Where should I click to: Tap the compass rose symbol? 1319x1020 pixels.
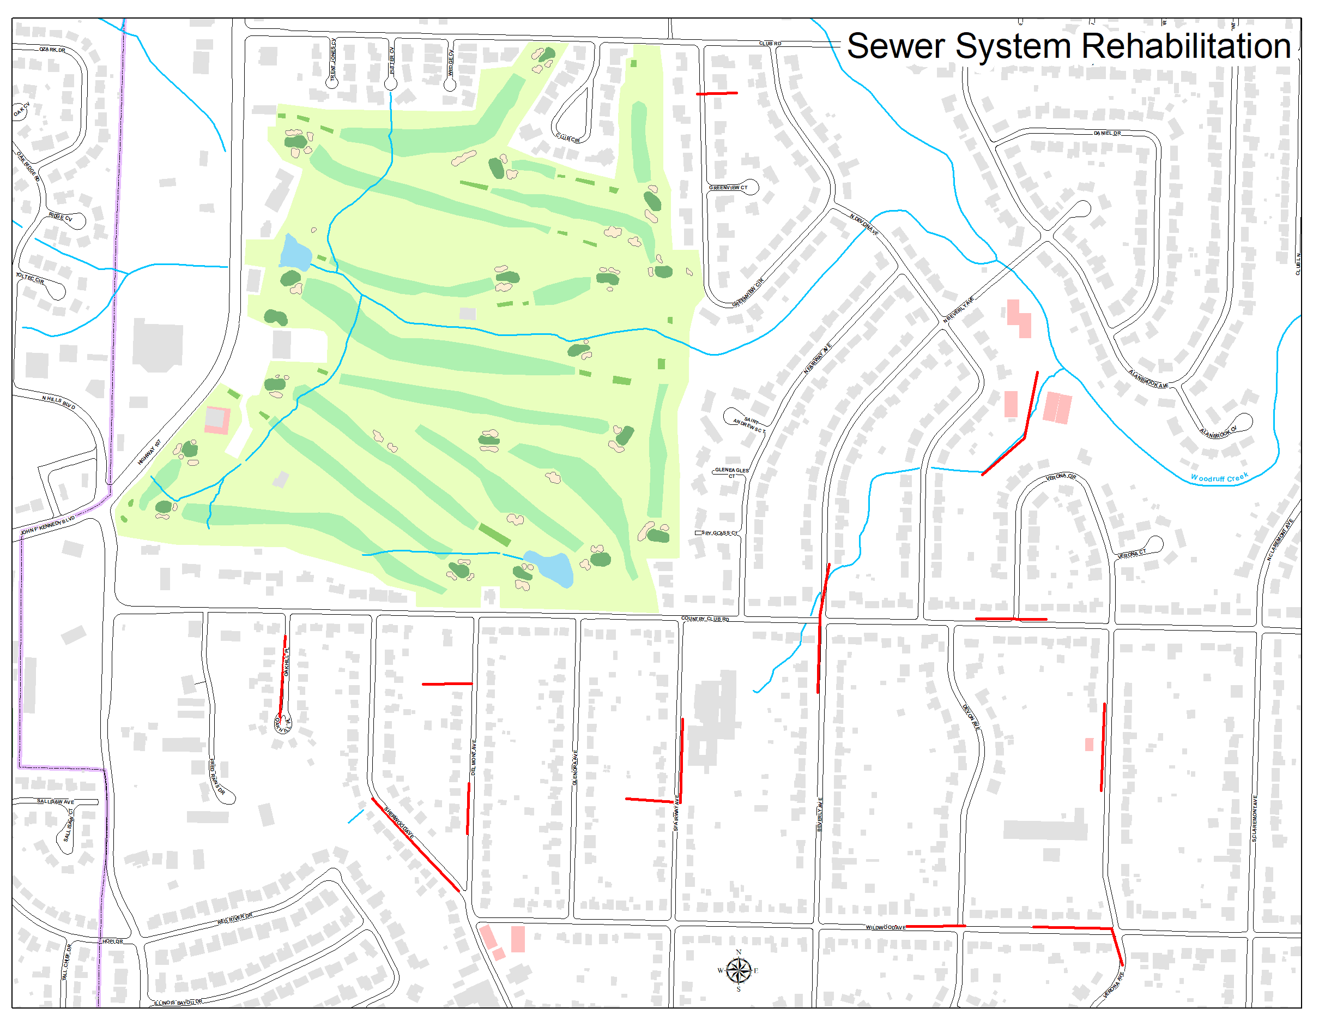pyautogui.click(x=737, y=971)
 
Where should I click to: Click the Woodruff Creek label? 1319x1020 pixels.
pyautogui.click(x=1219, y=477)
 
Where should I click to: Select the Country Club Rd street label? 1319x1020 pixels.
pyautogui.click(x=705, y=619)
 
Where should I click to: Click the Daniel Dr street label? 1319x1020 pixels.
pyautogui.click(x=1107, y=133)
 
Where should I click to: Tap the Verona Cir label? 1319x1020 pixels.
pyautogui.click(x=1061, y=477)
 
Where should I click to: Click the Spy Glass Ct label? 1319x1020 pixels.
pyautogui.click(x=719, y=533)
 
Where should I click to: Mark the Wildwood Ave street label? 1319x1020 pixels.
pyautogui.click(x=885, y=927)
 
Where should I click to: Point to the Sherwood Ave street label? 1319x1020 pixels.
pyautogui.click(x=399, y=823)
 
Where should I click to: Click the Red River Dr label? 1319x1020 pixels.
pyautogui.click(x=235, y=919)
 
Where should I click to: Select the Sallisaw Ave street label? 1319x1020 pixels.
pyautogui.click(x=56, y=802)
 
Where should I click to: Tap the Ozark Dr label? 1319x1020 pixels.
pyautogui.click(x=52, y=50)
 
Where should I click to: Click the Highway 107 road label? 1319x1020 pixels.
pyautogui.click(x=149, y=452)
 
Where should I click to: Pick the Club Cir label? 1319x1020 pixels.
pyautogui.click(x=568, y=139)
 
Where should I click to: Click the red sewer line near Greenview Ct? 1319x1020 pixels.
pyautogui.click(x=716, y=94)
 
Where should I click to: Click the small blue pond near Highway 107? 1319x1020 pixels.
pyautogui.click(x=295, y=253)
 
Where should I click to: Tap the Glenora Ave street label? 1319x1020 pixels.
pyautogui.click(x=575, y=768)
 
